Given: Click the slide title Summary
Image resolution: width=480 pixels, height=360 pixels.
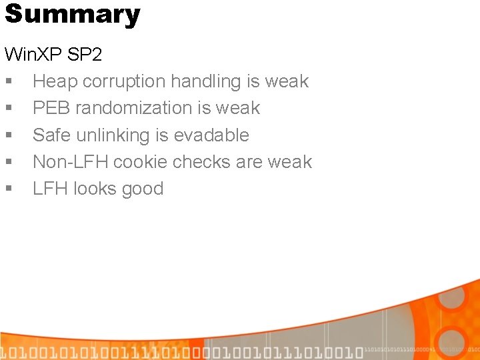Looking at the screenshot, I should [x=72, y=14].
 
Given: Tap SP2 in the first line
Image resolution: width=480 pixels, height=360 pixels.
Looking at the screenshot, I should [x=85, y=55].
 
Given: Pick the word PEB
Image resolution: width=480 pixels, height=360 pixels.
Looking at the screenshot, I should [x=51, y=108].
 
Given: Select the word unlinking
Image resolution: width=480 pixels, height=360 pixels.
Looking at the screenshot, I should [x=113, y=135].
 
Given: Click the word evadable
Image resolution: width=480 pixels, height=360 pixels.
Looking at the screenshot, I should [x=211, y=135].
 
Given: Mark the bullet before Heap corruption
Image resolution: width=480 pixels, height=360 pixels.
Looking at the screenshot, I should [x=8, y=82].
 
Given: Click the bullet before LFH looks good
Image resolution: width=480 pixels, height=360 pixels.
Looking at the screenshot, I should [x=8, y=189].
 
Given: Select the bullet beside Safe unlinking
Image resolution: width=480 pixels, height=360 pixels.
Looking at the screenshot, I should [x=8, y=136].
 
